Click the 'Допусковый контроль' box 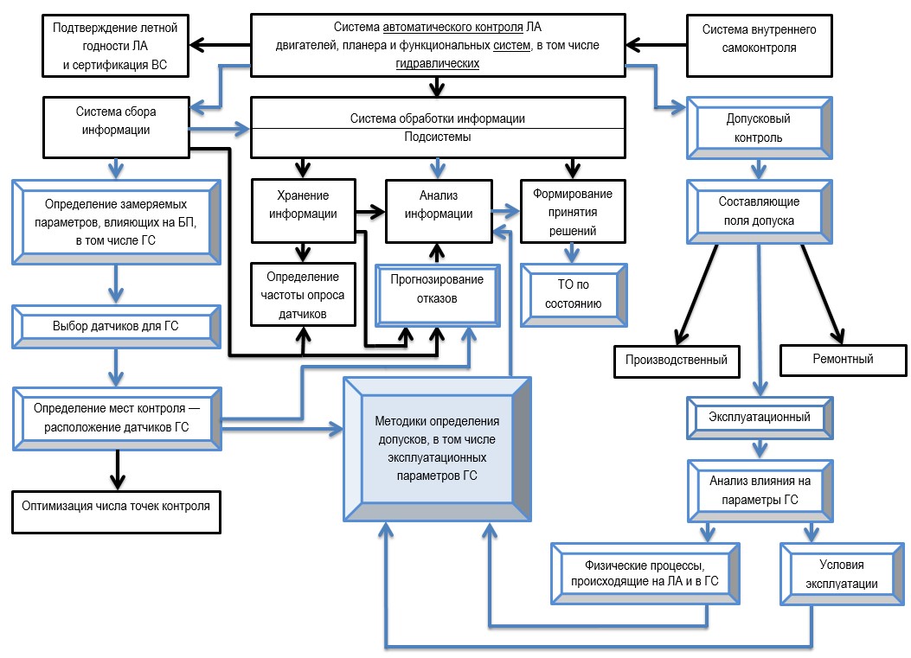coord(760,127)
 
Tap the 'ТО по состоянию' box coord(572,295)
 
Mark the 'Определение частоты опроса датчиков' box coord(303,295)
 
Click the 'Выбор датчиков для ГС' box coord(115,327)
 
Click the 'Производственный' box coord(677,360)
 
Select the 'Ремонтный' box coord(844,360)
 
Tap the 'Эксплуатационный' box coord(759,418)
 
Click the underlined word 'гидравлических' coord(438,64)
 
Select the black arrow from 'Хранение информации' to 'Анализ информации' coord(370,209)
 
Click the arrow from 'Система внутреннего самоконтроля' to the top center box coord(656,42)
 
